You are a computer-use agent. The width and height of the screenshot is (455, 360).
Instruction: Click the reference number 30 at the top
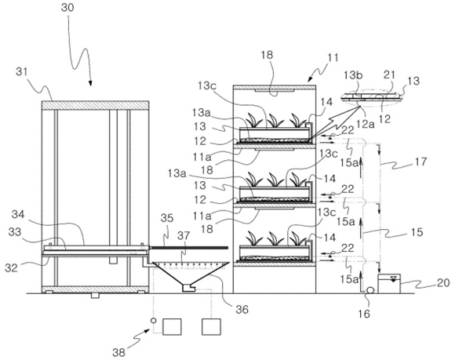pyautogui.click(x=67, y=8)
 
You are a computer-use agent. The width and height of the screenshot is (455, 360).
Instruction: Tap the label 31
pyautogui.click(x=22, y=72)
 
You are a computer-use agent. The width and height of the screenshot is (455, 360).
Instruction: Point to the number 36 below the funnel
pyautogui.click(x=242, y=310)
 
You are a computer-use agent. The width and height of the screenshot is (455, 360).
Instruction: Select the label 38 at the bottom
pyautogui.click(x=119, y=352)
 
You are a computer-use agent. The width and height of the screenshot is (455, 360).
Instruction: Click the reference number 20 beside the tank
pyautogui.click(x=443, y=282)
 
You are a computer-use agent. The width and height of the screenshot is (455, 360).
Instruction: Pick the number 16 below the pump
pyautogui.click(x=365, y=313)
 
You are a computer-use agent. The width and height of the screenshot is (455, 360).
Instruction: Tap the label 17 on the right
pyautogui.click(x=421, y=162)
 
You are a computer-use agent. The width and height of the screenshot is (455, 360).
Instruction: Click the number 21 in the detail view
pyautogui.click(x=390, y=75)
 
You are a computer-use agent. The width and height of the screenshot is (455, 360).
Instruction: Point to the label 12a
pyautogui.click(x=365, y=124)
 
